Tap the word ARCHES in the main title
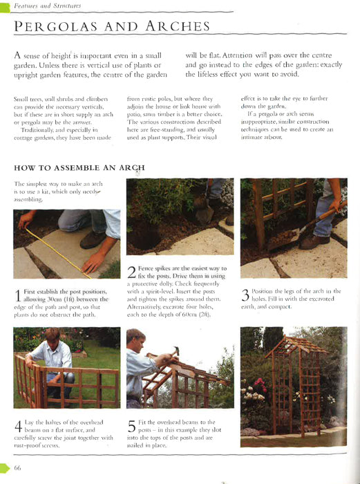pyautogui.click(x=178, y=26)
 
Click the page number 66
pyautogui.click(x=17, y=467)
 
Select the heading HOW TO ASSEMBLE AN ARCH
pyautogui.click(x=79, y=168)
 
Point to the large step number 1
pyautogui.click(x=18, y=295)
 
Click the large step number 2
pyautogui.click(x=132, y=272)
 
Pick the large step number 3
pyautogui.click(x=245, y=295)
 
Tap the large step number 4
pyautogui.click(x=18, y=427)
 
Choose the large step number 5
pyautogui.click(x=132, y=427)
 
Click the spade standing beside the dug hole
pyautogui.click(x=205, y=210)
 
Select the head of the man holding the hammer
pyautogui.click(x=135, y=339)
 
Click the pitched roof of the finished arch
pyautogui.click(x=296, y=346)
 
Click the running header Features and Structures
pyautogui.click(x=48, y=6)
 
